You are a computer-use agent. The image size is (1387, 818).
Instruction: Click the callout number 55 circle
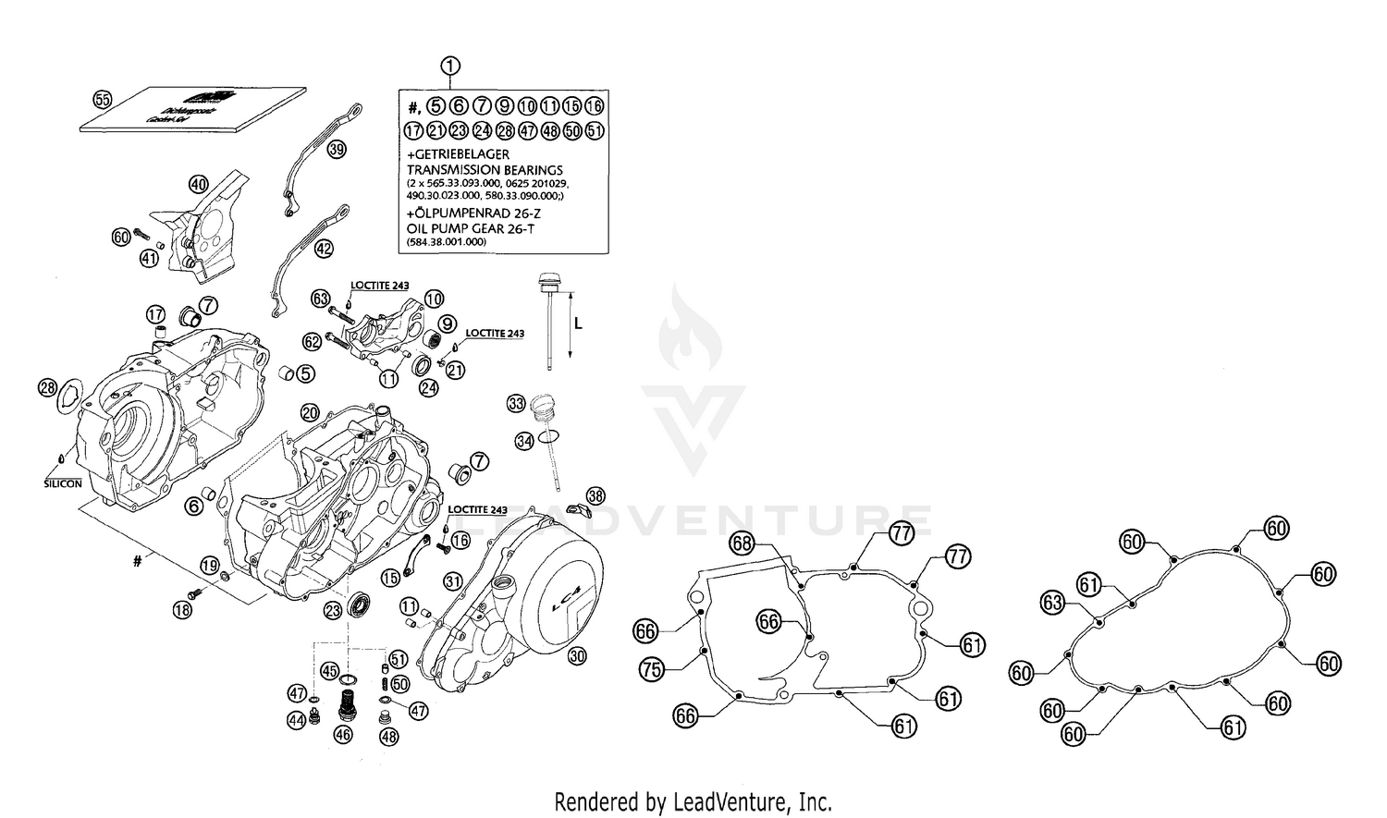(103, 100)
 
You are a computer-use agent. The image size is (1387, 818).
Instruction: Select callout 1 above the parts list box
(449, 66)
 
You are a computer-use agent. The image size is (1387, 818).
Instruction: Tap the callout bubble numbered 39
(337, 149)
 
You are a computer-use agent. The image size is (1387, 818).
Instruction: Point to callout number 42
(323, 249)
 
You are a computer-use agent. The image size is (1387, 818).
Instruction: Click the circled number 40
(199, 184)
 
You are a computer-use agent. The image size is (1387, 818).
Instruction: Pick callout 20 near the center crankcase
(310, 411)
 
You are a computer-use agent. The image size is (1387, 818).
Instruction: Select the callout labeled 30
(577, 656)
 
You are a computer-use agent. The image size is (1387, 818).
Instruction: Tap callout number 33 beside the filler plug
(516, 403)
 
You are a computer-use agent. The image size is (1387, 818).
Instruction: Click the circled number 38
(596, 495)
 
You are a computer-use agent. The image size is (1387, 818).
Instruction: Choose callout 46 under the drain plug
(343, 736)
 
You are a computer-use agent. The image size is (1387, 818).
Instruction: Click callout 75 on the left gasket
(652, 670)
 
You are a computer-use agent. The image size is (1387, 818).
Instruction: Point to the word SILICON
(63, 483)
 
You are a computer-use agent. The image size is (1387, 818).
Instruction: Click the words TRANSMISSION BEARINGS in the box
(485, 170)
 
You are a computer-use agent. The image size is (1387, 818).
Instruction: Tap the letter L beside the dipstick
(578, 324)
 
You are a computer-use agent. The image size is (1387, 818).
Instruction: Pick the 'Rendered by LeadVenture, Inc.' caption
(693, 800)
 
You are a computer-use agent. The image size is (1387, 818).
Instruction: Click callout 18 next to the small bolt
(183, 609)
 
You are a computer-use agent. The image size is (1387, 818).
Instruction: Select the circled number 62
(312, 341)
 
